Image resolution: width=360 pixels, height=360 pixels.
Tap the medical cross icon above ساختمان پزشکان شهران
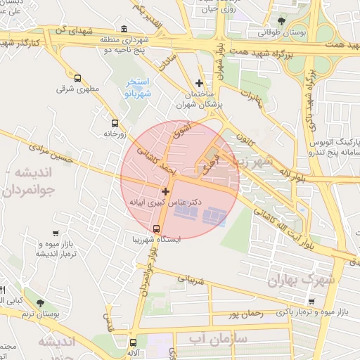199,83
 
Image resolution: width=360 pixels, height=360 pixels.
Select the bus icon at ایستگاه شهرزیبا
156,228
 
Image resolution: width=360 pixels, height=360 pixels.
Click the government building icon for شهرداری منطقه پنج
124,29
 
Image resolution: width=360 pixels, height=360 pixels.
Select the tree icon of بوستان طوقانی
282,21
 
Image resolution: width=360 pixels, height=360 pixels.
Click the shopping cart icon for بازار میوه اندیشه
56,233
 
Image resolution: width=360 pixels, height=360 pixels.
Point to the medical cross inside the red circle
165,191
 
